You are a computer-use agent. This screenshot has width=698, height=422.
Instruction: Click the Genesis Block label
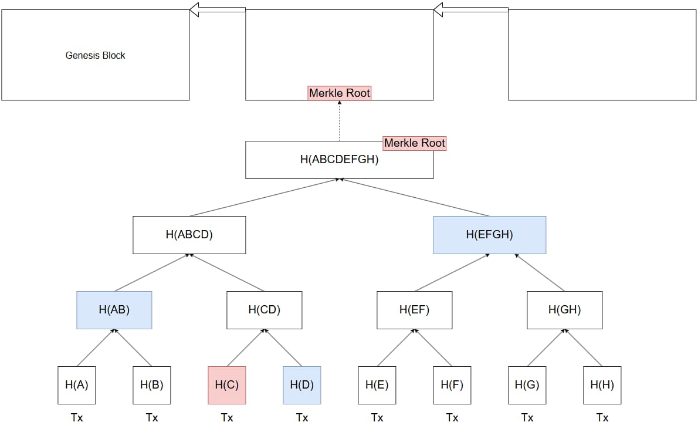point(95,55)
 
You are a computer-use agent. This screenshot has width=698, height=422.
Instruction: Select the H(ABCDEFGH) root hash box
point(339,160)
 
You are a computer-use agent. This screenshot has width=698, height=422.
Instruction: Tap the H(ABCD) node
point(189,235)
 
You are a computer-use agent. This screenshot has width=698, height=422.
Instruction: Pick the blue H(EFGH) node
point(490,235)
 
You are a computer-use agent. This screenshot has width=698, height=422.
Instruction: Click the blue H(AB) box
point(114,310)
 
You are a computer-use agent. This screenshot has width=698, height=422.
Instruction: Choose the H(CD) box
point(265,310)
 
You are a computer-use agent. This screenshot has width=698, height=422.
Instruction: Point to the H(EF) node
point(415,310)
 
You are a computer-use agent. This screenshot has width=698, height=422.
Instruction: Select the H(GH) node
point(565,310)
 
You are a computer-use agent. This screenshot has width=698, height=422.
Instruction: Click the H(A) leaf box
point(77,385)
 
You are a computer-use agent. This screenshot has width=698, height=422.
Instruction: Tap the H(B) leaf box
point(152,385)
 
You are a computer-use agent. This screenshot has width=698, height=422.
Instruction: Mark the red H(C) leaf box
point(227,385)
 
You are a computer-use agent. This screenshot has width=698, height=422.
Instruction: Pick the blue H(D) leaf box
point(302,385)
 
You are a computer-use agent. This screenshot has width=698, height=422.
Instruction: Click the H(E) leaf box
point(377,385)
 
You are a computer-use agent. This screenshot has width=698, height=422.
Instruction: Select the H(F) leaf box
point(452,385)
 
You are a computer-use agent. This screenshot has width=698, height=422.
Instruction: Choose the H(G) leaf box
point(527,385)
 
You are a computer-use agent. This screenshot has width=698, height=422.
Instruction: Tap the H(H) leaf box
point(602,385)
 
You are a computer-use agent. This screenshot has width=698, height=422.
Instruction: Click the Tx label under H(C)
point(227,417)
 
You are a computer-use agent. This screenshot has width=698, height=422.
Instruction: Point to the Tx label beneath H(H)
point(602,417)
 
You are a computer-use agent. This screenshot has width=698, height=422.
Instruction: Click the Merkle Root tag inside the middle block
point(339,93)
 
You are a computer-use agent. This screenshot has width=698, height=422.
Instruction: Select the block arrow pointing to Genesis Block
point(218,10)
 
